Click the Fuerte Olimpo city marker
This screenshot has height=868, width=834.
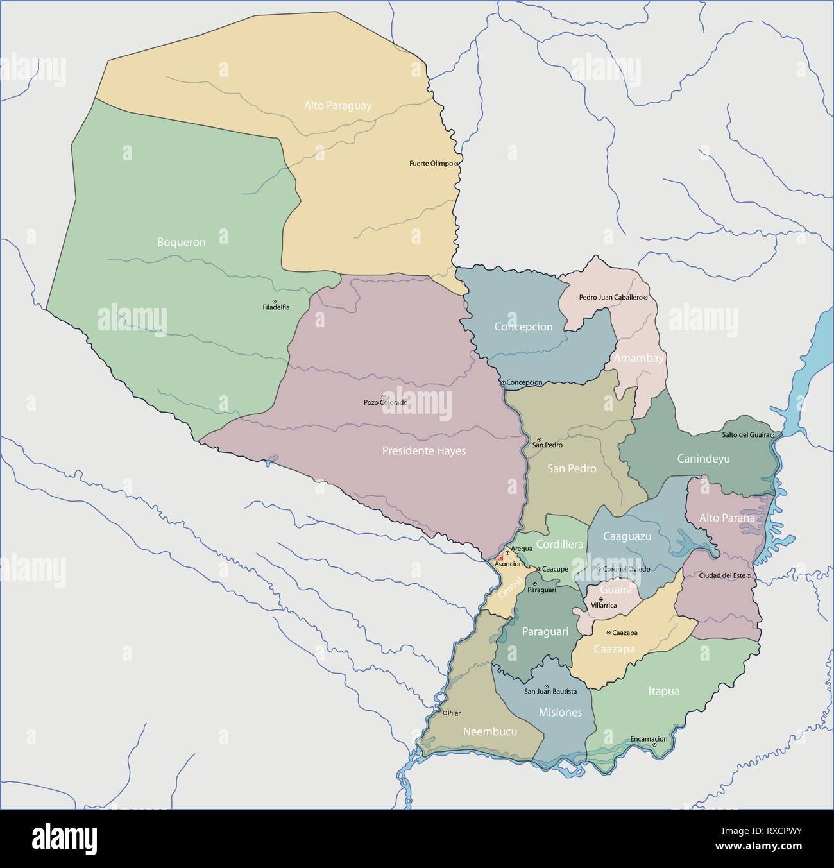tap(456, 164)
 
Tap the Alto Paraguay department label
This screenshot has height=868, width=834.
tap(337, 106)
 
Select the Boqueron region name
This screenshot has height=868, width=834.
tap(182, 243)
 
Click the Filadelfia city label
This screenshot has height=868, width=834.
tap(276, 307)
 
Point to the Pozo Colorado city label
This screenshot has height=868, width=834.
tap(385, 402)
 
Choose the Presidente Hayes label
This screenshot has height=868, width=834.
tap(423, 451)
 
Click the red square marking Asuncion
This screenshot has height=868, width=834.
tap(500, 558)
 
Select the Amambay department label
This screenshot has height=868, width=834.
tap(638, 359)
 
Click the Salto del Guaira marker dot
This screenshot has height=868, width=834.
tap(772, 436)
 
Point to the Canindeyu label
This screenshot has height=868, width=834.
tap(703, 459)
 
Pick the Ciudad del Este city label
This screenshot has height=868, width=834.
tap(722, 575)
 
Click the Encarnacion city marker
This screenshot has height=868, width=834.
tap(654, 745)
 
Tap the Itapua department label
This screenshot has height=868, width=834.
tap(663, 692)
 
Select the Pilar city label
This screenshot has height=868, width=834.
tap(454, 713)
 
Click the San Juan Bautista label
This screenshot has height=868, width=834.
tap(550, 692)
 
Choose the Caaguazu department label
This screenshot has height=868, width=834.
tap(627, 536)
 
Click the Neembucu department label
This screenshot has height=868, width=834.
tap(490, 731)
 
